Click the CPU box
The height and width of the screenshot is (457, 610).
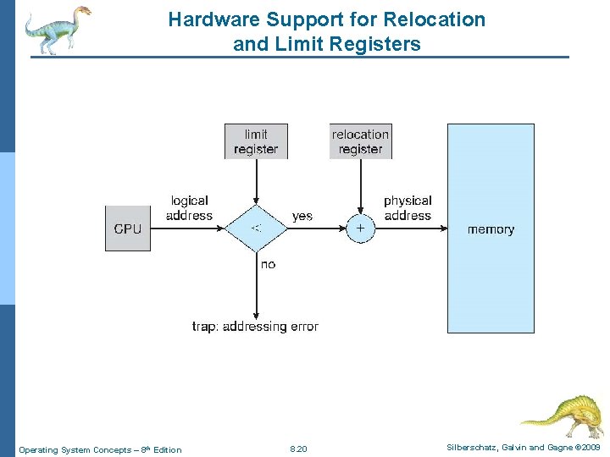(127, 228)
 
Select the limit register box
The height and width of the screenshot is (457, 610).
(256, 141)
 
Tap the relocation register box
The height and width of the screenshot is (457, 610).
(360, 141)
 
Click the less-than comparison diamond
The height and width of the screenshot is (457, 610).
(256, 228)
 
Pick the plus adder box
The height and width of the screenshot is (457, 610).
(360, 228)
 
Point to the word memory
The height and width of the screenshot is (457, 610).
(491, 229)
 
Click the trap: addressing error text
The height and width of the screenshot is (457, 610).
(255, 327)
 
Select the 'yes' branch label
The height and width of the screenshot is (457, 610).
(302, 217)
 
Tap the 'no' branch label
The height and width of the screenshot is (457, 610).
(268, 265)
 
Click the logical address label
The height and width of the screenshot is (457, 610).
(189, 208)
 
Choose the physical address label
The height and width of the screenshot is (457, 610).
(408, 208)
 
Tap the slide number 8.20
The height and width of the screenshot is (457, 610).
(298, 449)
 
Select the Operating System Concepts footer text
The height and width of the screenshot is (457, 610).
(99, 449)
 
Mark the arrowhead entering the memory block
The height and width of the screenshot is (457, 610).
(442, 228)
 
